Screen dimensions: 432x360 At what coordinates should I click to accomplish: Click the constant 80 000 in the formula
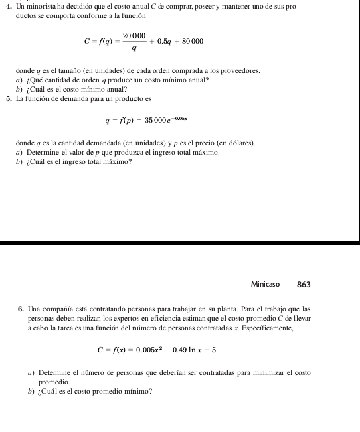189,42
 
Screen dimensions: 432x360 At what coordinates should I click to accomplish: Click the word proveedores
238,70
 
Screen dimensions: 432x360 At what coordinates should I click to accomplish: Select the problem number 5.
6,98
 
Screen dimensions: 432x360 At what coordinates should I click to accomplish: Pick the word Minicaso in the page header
265,285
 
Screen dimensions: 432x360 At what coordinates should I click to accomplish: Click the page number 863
304,285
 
